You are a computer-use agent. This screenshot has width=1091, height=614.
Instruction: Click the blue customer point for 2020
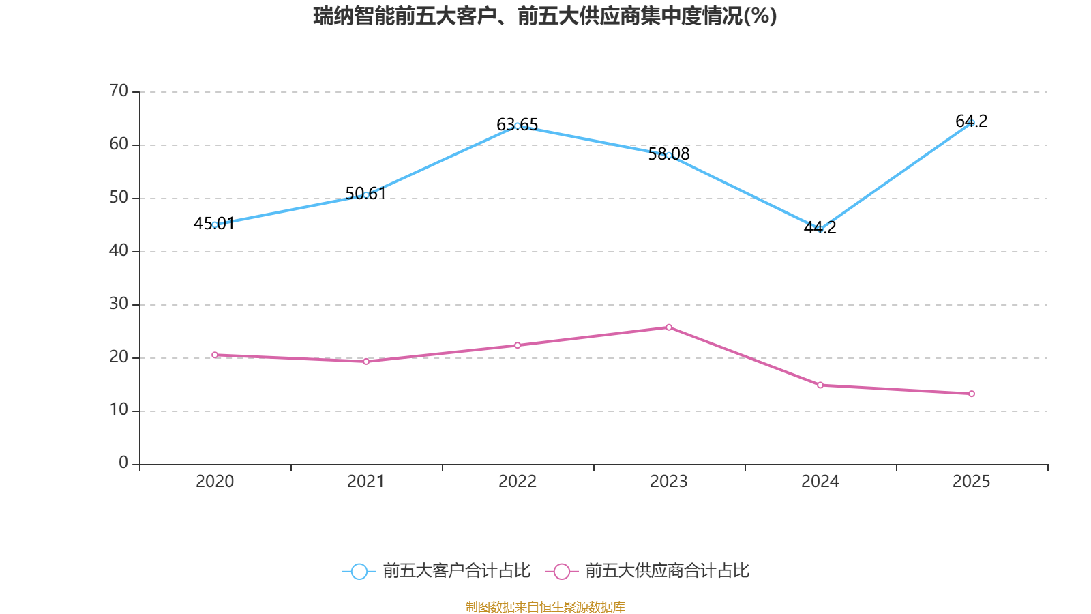tap(215, 224)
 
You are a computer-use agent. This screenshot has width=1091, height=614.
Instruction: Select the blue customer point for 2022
tap(518, 126)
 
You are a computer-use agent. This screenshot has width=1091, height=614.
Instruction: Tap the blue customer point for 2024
tap(820, 229)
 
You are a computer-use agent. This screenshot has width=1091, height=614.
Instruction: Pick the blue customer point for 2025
tap(972, 123)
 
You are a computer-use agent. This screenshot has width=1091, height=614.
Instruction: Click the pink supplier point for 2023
tap(669, 327)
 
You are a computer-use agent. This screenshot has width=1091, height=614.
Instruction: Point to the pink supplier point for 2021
tap(366, 362)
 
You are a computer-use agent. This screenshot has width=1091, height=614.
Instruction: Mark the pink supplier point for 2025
tap(972, 394)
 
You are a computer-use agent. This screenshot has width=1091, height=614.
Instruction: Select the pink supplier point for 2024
tap(820, 385)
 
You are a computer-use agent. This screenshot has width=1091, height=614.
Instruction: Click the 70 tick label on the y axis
tap(119, 91)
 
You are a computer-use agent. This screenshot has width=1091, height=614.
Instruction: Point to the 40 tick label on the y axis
tap(119, 250)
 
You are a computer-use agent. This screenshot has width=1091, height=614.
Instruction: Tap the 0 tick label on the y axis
tap(123, 463)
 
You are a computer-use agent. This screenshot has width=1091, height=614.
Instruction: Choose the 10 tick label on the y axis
tap(119, 410)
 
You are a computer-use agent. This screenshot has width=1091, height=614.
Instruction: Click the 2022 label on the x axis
tap(518, 482)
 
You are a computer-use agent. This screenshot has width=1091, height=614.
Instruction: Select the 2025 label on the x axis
tap(972, 482)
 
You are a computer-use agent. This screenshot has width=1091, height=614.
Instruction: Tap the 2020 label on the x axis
tap(215, 482)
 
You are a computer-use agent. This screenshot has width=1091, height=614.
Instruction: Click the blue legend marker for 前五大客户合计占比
tap(359, 571)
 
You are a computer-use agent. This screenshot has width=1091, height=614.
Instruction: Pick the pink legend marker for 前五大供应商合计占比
tap(561, 571)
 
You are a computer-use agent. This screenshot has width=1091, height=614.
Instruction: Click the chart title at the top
tap(545, 16)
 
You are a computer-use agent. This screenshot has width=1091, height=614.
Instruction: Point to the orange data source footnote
tap(545, 606)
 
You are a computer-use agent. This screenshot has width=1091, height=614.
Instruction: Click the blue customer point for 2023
tap(669, 156)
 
